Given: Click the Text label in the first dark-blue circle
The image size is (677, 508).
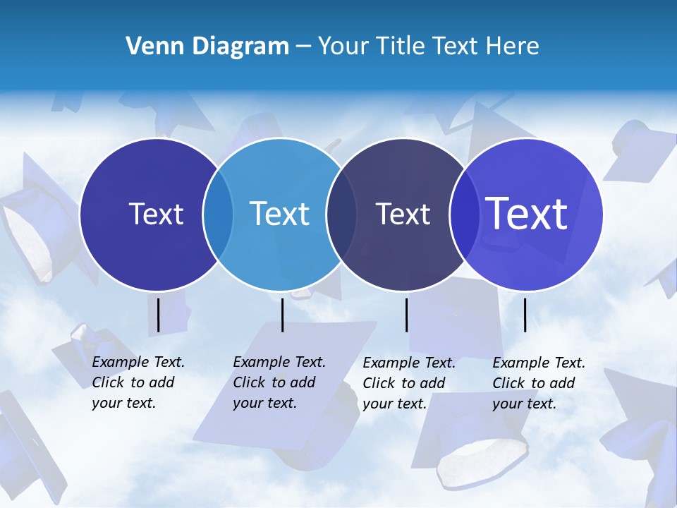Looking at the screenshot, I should pyautogui.click(x=156, y=214).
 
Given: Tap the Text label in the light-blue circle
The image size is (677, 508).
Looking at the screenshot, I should pyautogui.click(x=279, y=214).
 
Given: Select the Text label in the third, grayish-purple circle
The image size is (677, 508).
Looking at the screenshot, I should pyautogui.click(x=403, y=214).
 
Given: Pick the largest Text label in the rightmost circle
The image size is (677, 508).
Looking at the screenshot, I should pyautogui.click(x=527, y=213).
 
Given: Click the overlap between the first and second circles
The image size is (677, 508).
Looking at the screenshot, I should pyautogui.click(x=218, y=214).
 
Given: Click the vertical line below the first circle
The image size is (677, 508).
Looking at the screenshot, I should pyautogui.click(x=158, y=315).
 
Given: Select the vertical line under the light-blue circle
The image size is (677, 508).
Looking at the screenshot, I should pyautogui.click(x=282, y=315).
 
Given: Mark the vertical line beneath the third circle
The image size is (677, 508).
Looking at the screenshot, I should pyautogui.click(x=406, y=315).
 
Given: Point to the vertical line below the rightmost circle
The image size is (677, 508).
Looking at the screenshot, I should pyautogui.click(x=525, y=315).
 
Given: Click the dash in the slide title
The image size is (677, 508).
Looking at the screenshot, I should pyautogui.click(x=303, y=47).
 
